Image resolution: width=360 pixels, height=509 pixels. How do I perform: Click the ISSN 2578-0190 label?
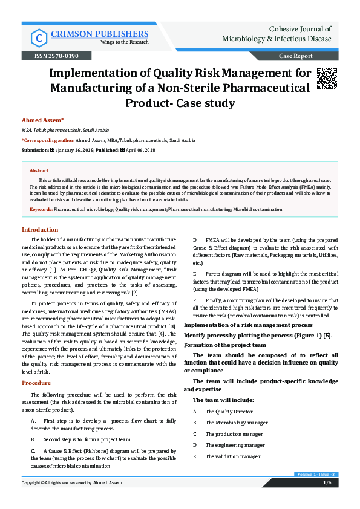click(51, 56)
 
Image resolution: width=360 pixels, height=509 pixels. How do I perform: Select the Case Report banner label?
click(295, 56)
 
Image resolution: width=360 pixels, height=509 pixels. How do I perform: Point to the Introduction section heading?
click(40, 230)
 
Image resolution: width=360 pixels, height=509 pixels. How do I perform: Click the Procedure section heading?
click(36, 383)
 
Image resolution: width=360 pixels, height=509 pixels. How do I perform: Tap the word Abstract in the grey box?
click(39, 171)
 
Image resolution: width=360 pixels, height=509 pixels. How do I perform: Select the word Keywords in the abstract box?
click(41, 209)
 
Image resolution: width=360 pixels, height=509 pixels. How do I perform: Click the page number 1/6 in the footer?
click(327, 482)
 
